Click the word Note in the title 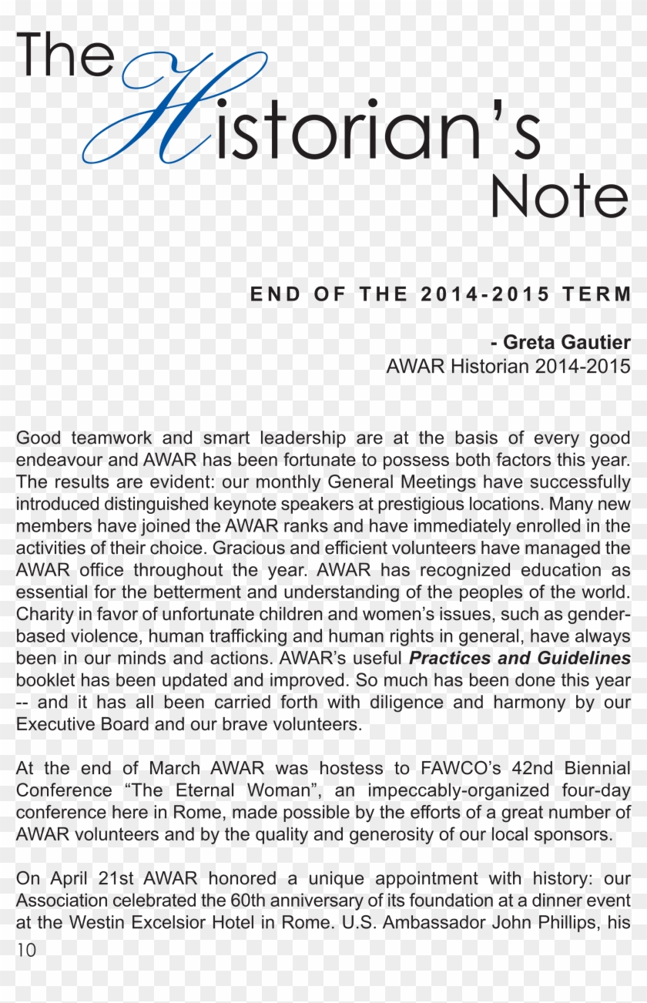(x=558, y=196)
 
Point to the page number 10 (x=25, y=950)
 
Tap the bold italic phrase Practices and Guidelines (x=519, y=659)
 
